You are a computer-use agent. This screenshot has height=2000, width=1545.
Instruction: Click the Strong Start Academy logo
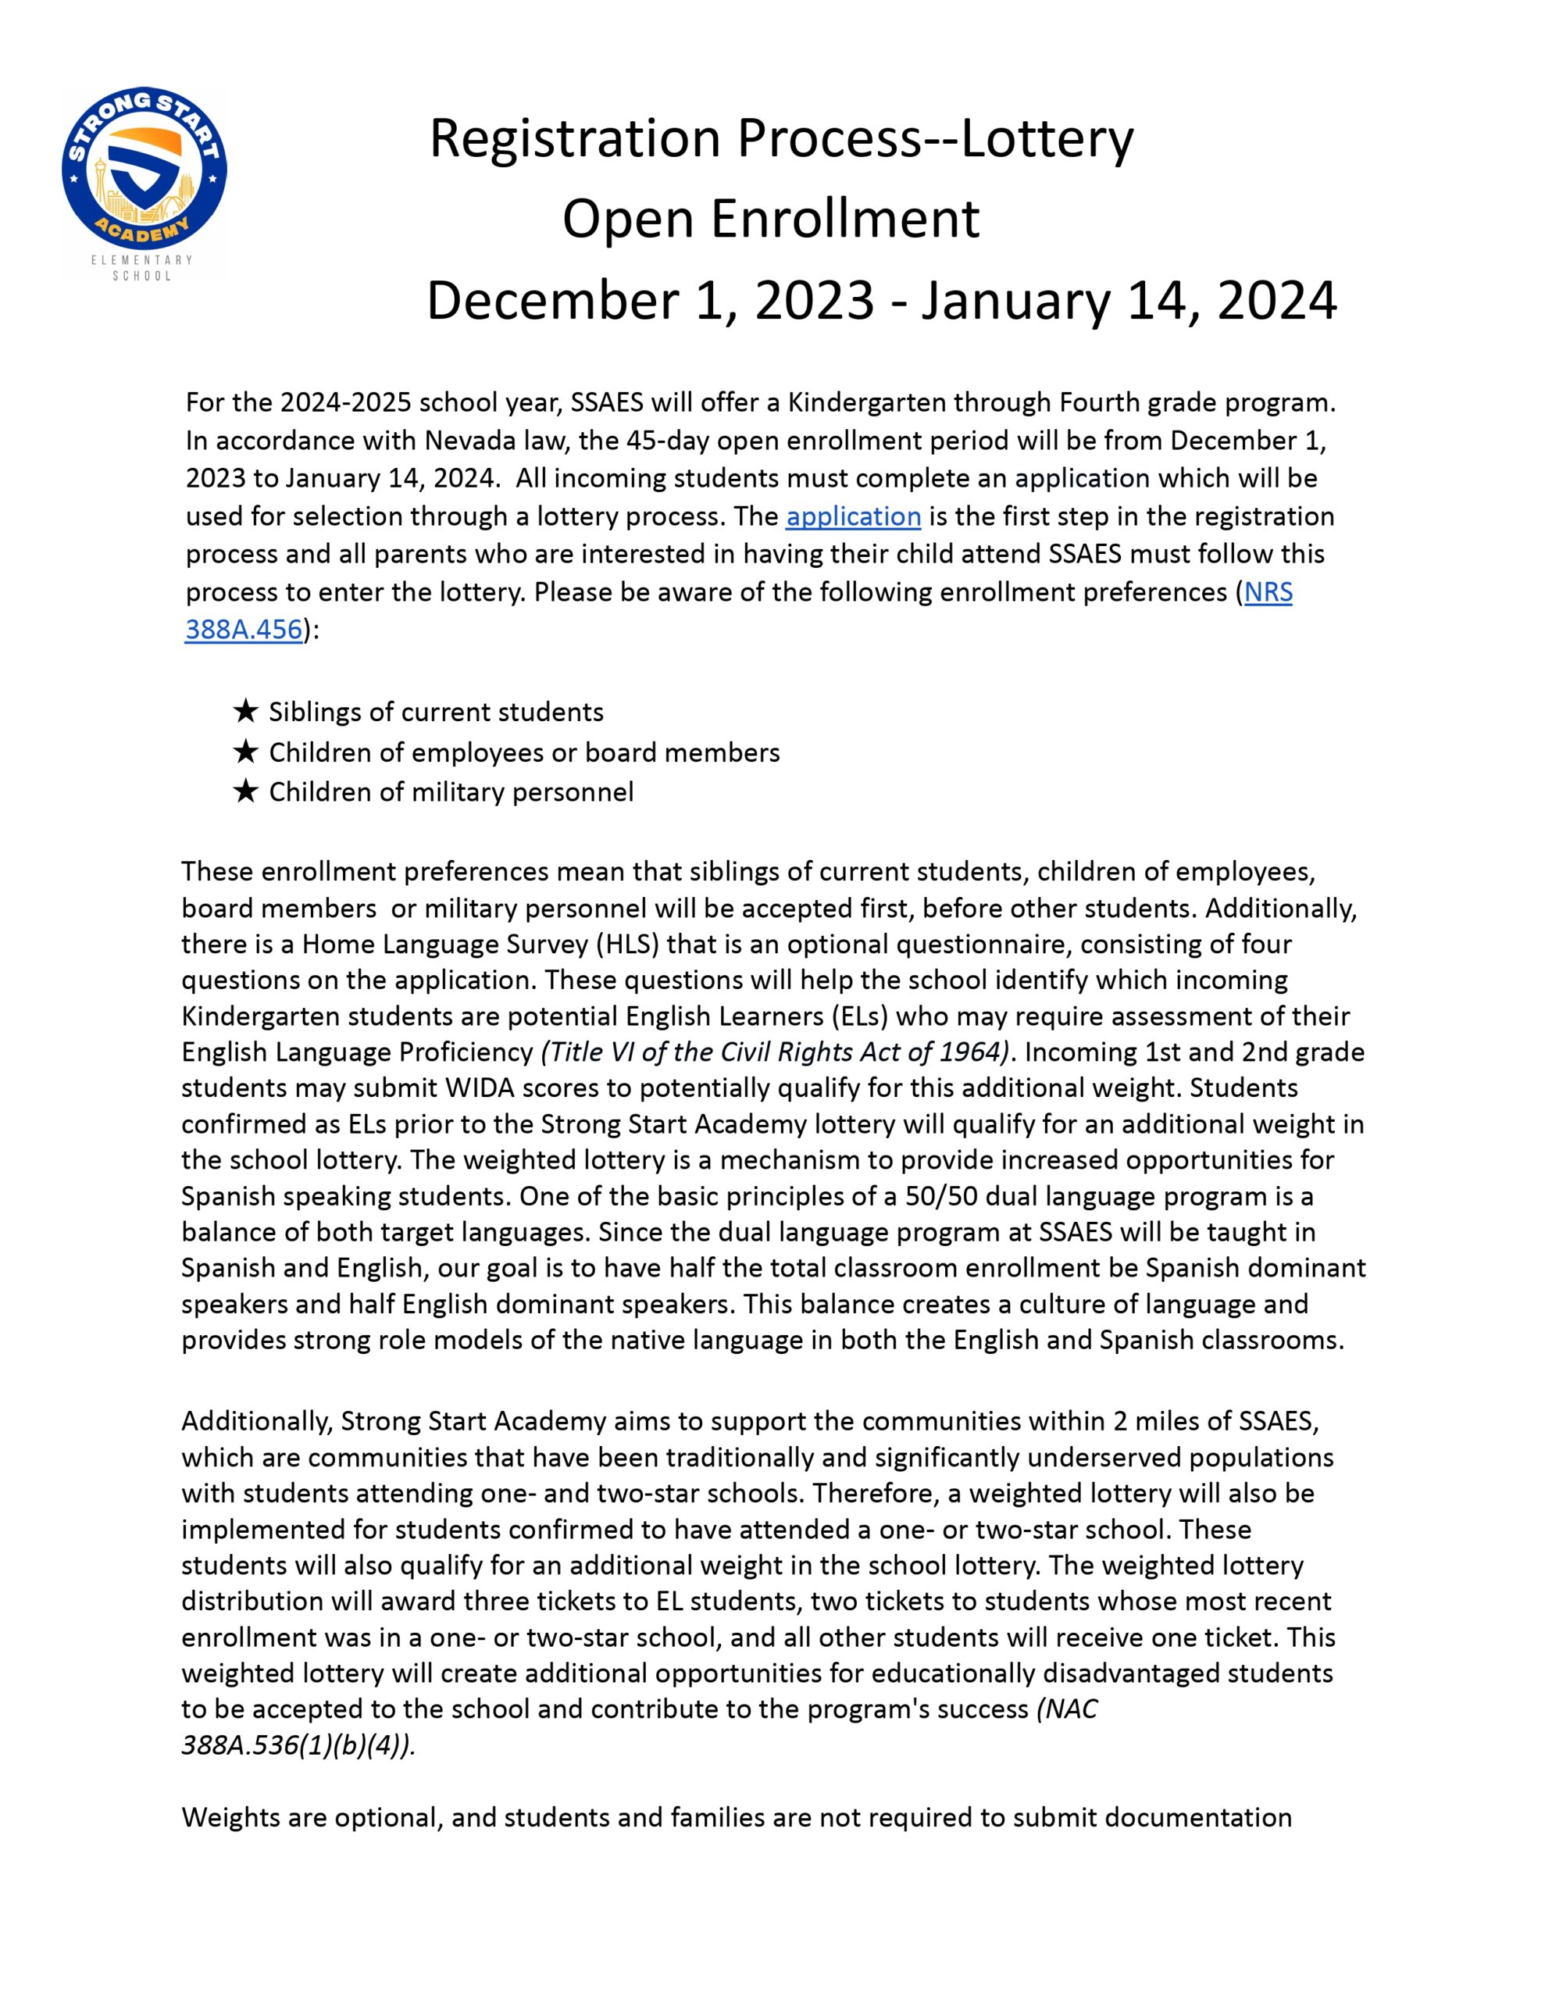point(145,170)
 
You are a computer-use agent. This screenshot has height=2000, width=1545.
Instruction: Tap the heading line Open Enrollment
point(770,219)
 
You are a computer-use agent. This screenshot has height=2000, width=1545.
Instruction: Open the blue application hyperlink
point(853,516)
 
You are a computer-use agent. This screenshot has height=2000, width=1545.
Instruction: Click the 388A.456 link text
point(243,630)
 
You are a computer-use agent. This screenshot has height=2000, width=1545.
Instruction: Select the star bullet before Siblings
point(245,711)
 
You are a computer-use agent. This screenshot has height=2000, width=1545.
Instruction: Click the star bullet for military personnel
point(245,791)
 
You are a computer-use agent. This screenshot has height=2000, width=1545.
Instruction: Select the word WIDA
point(478,1088)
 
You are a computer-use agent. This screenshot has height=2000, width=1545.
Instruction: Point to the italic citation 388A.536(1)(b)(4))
point(298,1745)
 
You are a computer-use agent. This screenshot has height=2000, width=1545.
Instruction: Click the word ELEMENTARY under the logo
point(142,260)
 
